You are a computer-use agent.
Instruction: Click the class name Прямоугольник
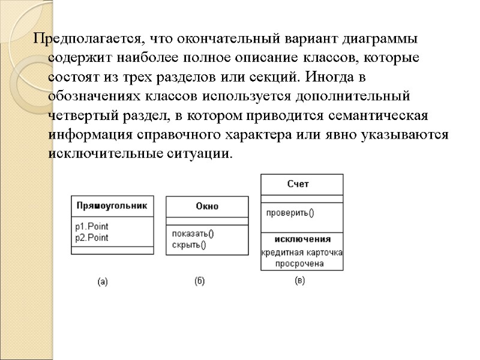112,205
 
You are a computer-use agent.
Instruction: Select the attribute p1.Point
92,227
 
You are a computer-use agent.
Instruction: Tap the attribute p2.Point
92,237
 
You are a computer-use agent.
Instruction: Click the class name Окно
207,206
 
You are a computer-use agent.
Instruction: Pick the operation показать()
193,234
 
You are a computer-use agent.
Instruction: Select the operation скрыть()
189,244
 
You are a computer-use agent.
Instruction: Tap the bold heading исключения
302,239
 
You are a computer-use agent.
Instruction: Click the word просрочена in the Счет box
299,263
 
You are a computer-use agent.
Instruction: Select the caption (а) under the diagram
103,280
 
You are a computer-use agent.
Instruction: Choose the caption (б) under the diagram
199,280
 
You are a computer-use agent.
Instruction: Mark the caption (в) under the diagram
300,280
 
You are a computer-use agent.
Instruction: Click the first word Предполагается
88,40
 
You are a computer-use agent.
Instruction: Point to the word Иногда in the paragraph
335,78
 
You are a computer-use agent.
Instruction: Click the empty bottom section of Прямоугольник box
112,251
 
